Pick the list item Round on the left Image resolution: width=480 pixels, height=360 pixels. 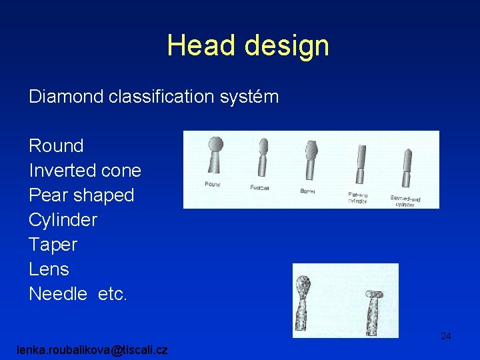point(56,146)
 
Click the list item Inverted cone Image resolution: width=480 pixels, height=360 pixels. point(85,171)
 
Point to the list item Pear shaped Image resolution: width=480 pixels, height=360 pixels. point(81,195)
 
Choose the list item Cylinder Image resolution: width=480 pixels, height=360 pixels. point(63,220)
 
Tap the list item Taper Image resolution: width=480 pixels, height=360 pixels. point(53,245)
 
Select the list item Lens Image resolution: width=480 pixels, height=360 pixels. point(49,269)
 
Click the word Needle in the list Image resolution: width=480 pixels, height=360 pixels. point(58,294)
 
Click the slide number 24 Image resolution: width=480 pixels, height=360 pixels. point(445,337)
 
